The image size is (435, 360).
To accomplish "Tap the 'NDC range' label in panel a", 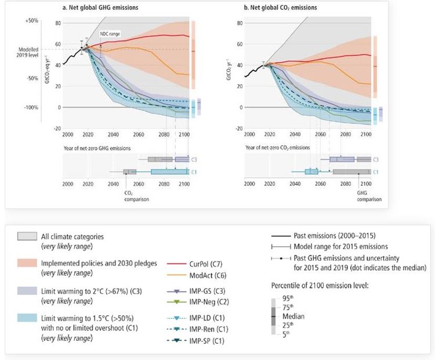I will pyautogui.click(x=111, y=35).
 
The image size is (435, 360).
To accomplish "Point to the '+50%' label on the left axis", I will pyautogui.click(x=31, y=20).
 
